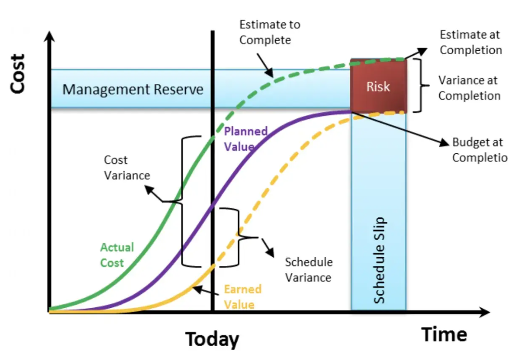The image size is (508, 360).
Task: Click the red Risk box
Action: point(378,86)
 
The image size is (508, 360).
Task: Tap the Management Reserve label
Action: point(133,90)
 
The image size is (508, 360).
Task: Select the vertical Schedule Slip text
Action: point(379,260)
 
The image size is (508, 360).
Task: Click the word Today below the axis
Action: point(212,339)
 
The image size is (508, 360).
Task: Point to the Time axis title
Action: point(444,334)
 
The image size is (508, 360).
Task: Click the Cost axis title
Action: point(18,74)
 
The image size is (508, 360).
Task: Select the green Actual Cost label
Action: point(117,255)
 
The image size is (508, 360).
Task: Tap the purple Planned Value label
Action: point(245,139)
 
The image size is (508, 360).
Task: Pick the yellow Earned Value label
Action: point(242,297)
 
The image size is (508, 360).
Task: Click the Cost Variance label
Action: point(120,168)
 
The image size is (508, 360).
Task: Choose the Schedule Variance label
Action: point(308,270)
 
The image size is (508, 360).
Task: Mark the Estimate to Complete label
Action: point(269,32)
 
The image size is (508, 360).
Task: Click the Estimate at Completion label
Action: point(470,43)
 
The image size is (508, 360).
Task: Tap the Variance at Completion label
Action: point(469,88)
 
